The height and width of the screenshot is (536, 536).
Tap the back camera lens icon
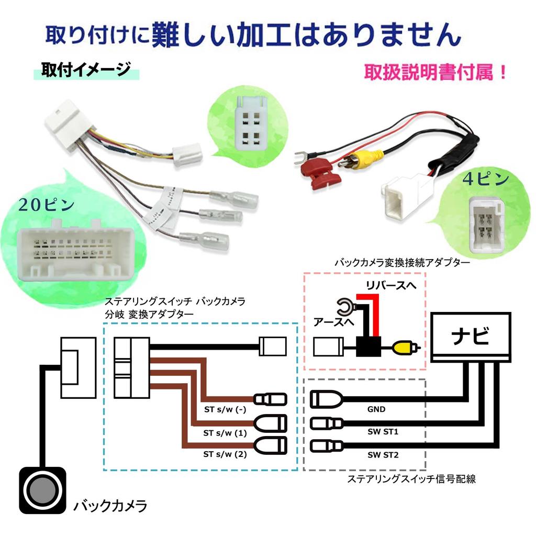point(44,489)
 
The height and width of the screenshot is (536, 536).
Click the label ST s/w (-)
point(224,409)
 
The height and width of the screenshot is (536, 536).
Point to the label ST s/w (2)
point(224,455)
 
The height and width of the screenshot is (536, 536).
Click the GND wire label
point(376,409)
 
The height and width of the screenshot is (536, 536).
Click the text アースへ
point(332,322)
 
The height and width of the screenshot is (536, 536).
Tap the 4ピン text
point(485,178)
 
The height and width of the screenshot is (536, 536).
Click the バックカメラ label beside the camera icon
point(110,506)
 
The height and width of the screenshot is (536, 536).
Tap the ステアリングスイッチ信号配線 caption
point(411,478)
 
